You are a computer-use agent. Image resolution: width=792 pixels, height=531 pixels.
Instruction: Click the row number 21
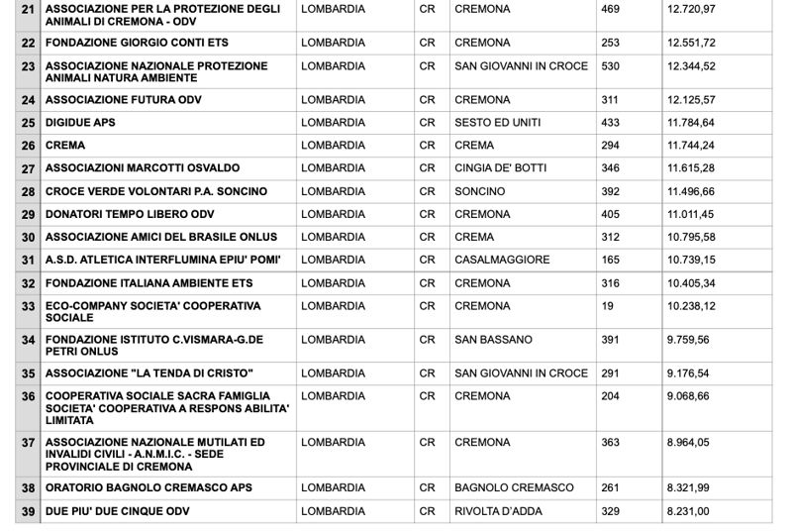(x=28, y=9)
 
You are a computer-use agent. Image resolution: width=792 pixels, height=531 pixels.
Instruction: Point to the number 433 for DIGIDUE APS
(x=610, y=123)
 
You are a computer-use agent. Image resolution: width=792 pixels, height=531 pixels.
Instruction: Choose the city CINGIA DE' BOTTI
(x=500, y=168)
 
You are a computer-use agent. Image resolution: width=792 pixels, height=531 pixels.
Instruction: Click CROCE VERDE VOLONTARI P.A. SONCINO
(x=155, y=191)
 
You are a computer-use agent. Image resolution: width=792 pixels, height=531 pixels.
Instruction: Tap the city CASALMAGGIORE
(x=501, y=260)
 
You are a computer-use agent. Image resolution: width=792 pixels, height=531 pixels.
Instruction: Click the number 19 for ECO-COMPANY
(x=607, y=306)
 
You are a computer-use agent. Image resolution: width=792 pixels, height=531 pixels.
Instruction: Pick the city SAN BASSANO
(x=493, y=340)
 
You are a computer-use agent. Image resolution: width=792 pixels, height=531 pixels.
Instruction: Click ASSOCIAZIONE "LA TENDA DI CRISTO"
(x=149, y=373)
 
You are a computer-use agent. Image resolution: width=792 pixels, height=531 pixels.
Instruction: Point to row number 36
(x=28, y=396)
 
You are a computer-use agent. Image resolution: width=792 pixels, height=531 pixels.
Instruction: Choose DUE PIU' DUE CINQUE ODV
(x=117, y=511)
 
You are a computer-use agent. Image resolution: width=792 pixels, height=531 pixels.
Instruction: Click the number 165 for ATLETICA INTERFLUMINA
(x=610, y=260)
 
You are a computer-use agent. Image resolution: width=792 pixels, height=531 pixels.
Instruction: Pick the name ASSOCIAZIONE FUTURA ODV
(x=123, y=100)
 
